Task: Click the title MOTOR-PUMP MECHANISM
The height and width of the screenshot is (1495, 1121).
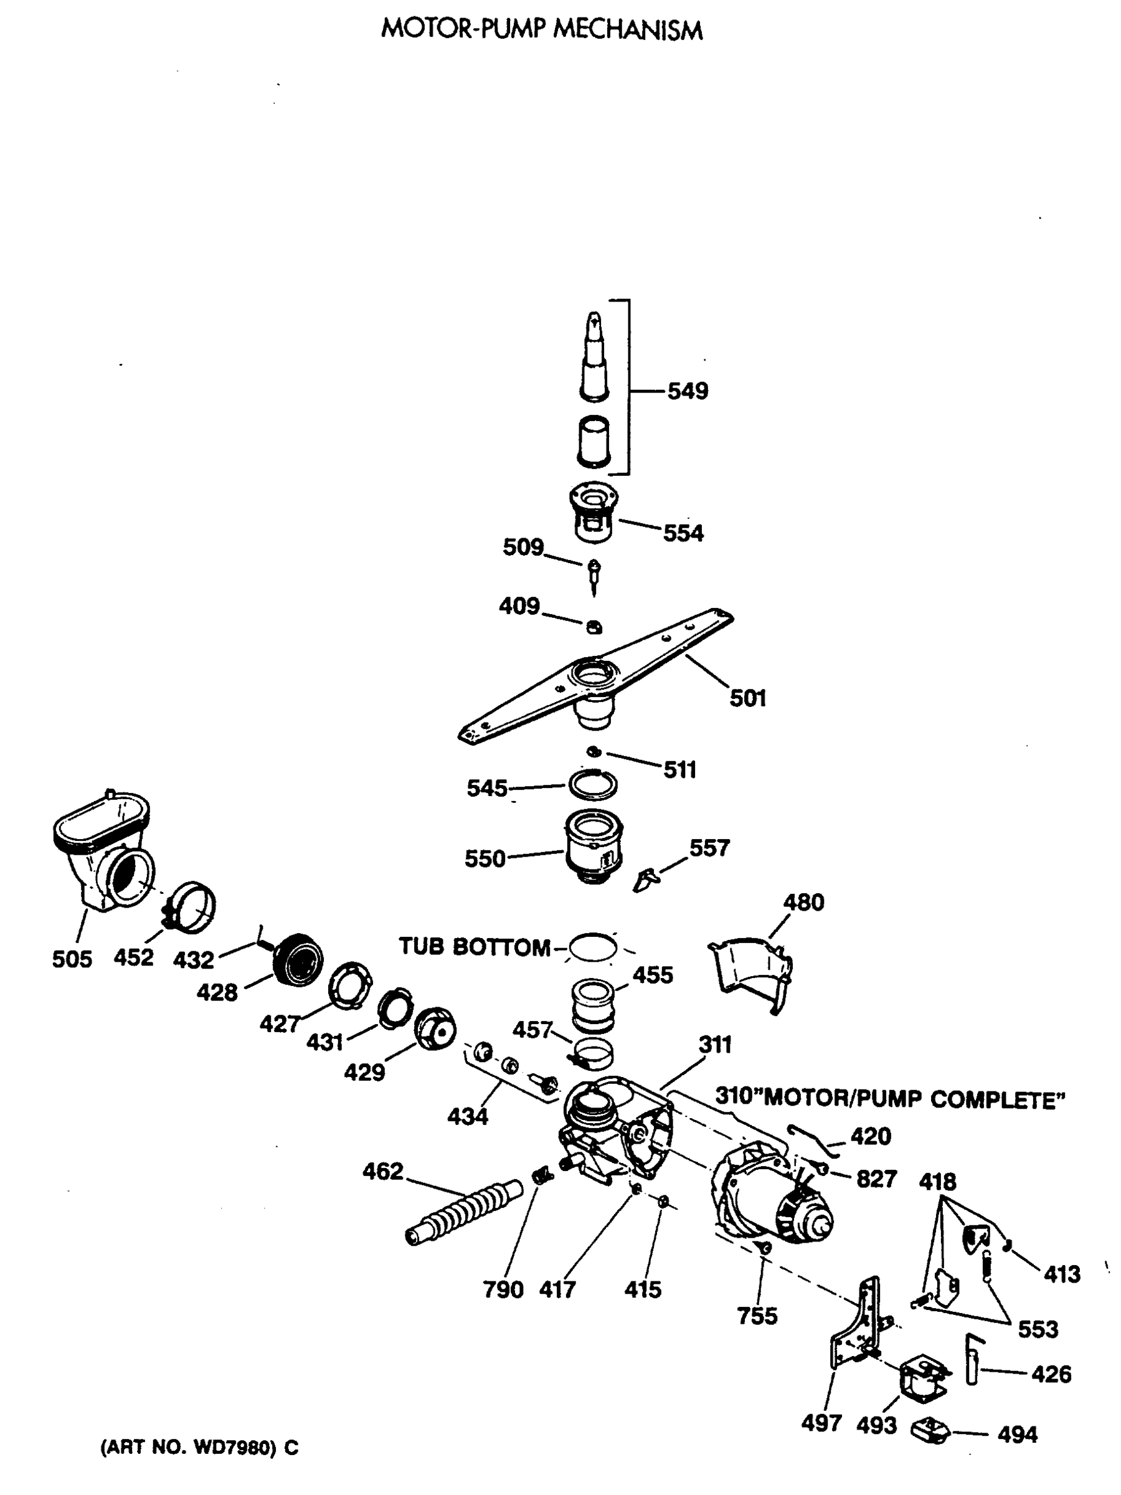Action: (x=541, y=30)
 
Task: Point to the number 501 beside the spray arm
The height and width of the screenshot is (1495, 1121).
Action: (x=747, y=698)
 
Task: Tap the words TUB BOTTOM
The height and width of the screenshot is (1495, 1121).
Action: (x=475, y=947)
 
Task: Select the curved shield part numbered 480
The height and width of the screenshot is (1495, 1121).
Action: (x=750, y=974)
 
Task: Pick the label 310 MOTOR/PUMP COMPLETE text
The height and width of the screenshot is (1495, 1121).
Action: (x=889, y=1099)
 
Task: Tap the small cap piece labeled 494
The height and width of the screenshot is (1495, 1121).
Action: (x=930, y=1430)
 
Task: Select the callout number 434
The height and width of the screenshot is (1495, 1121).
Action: (x=467, y=1116)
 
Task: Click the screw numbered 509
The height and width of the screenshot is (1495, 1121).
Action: (x=594, y=574)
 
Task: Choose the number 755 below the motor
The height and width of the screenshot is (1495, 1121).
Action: (x=757, y=1315)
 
